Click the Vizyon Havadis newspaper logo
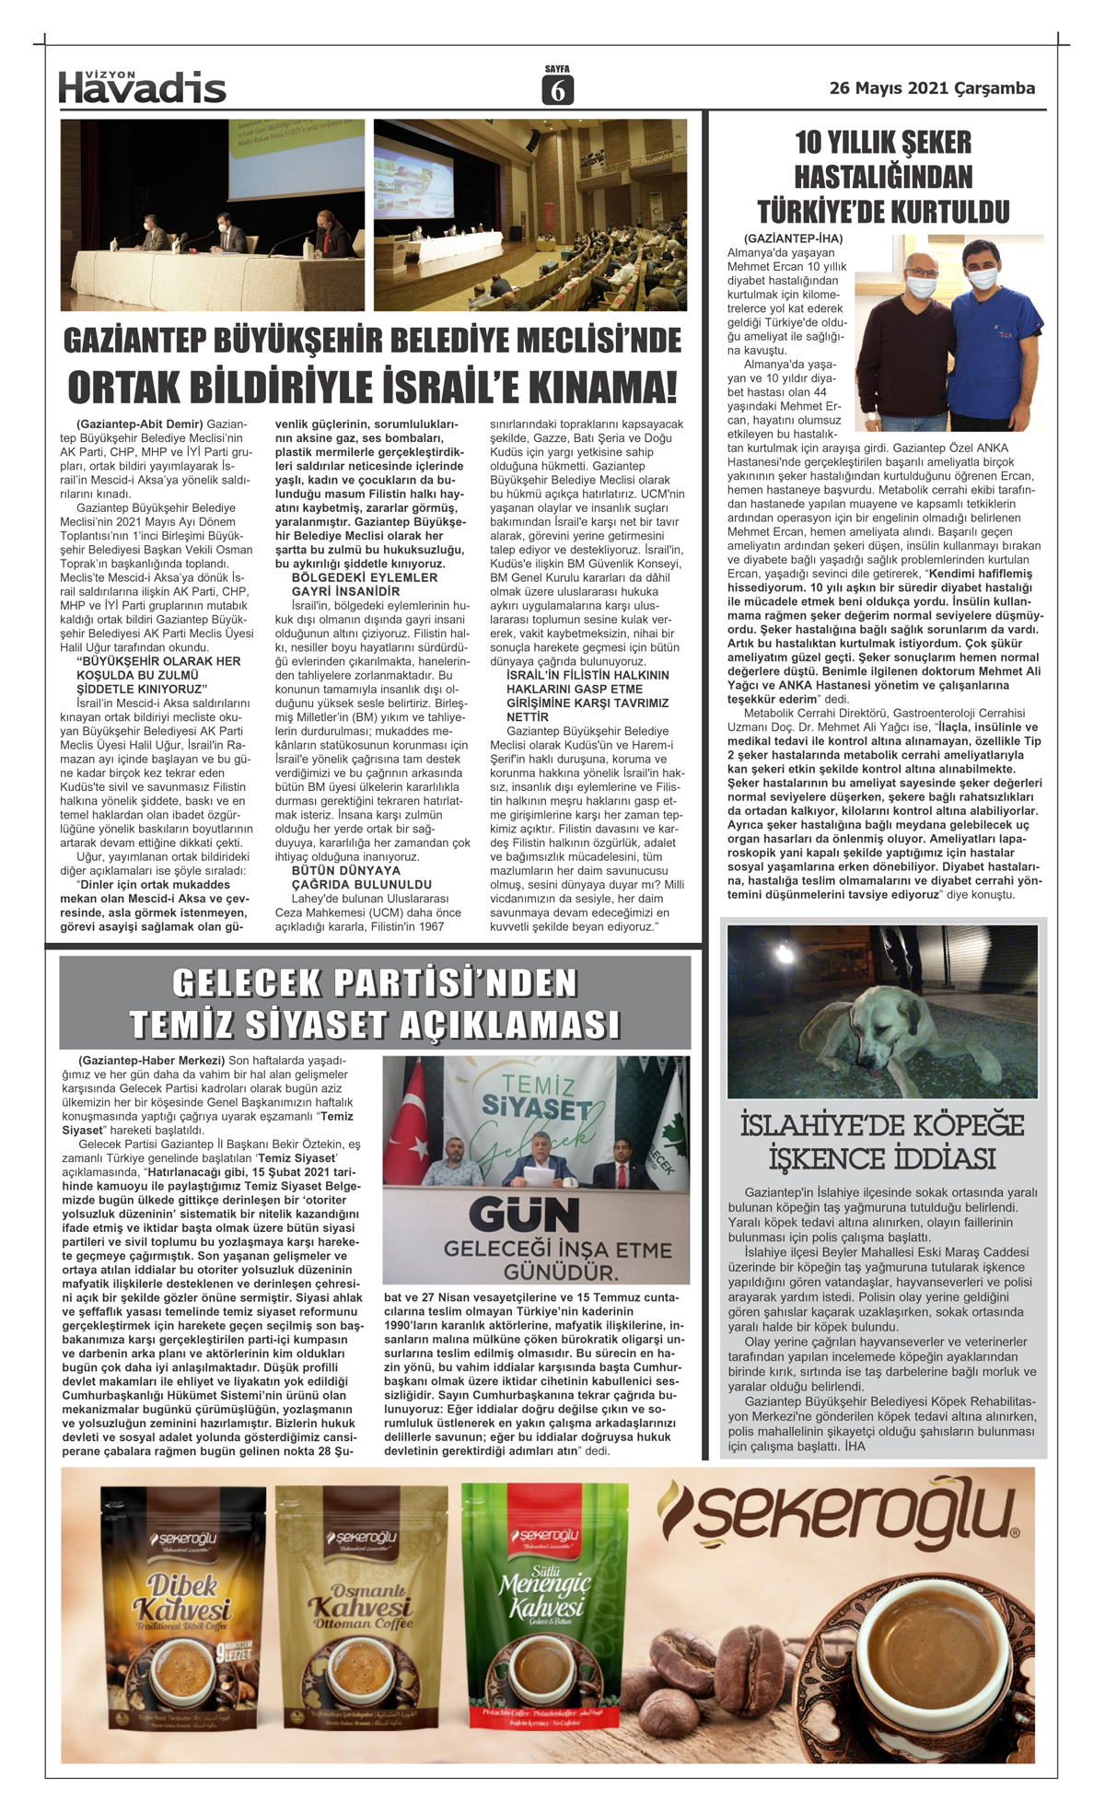point(142,87)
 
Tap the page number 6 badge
point(557,89)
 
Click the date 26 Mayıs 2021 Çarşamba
point(932,88)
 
